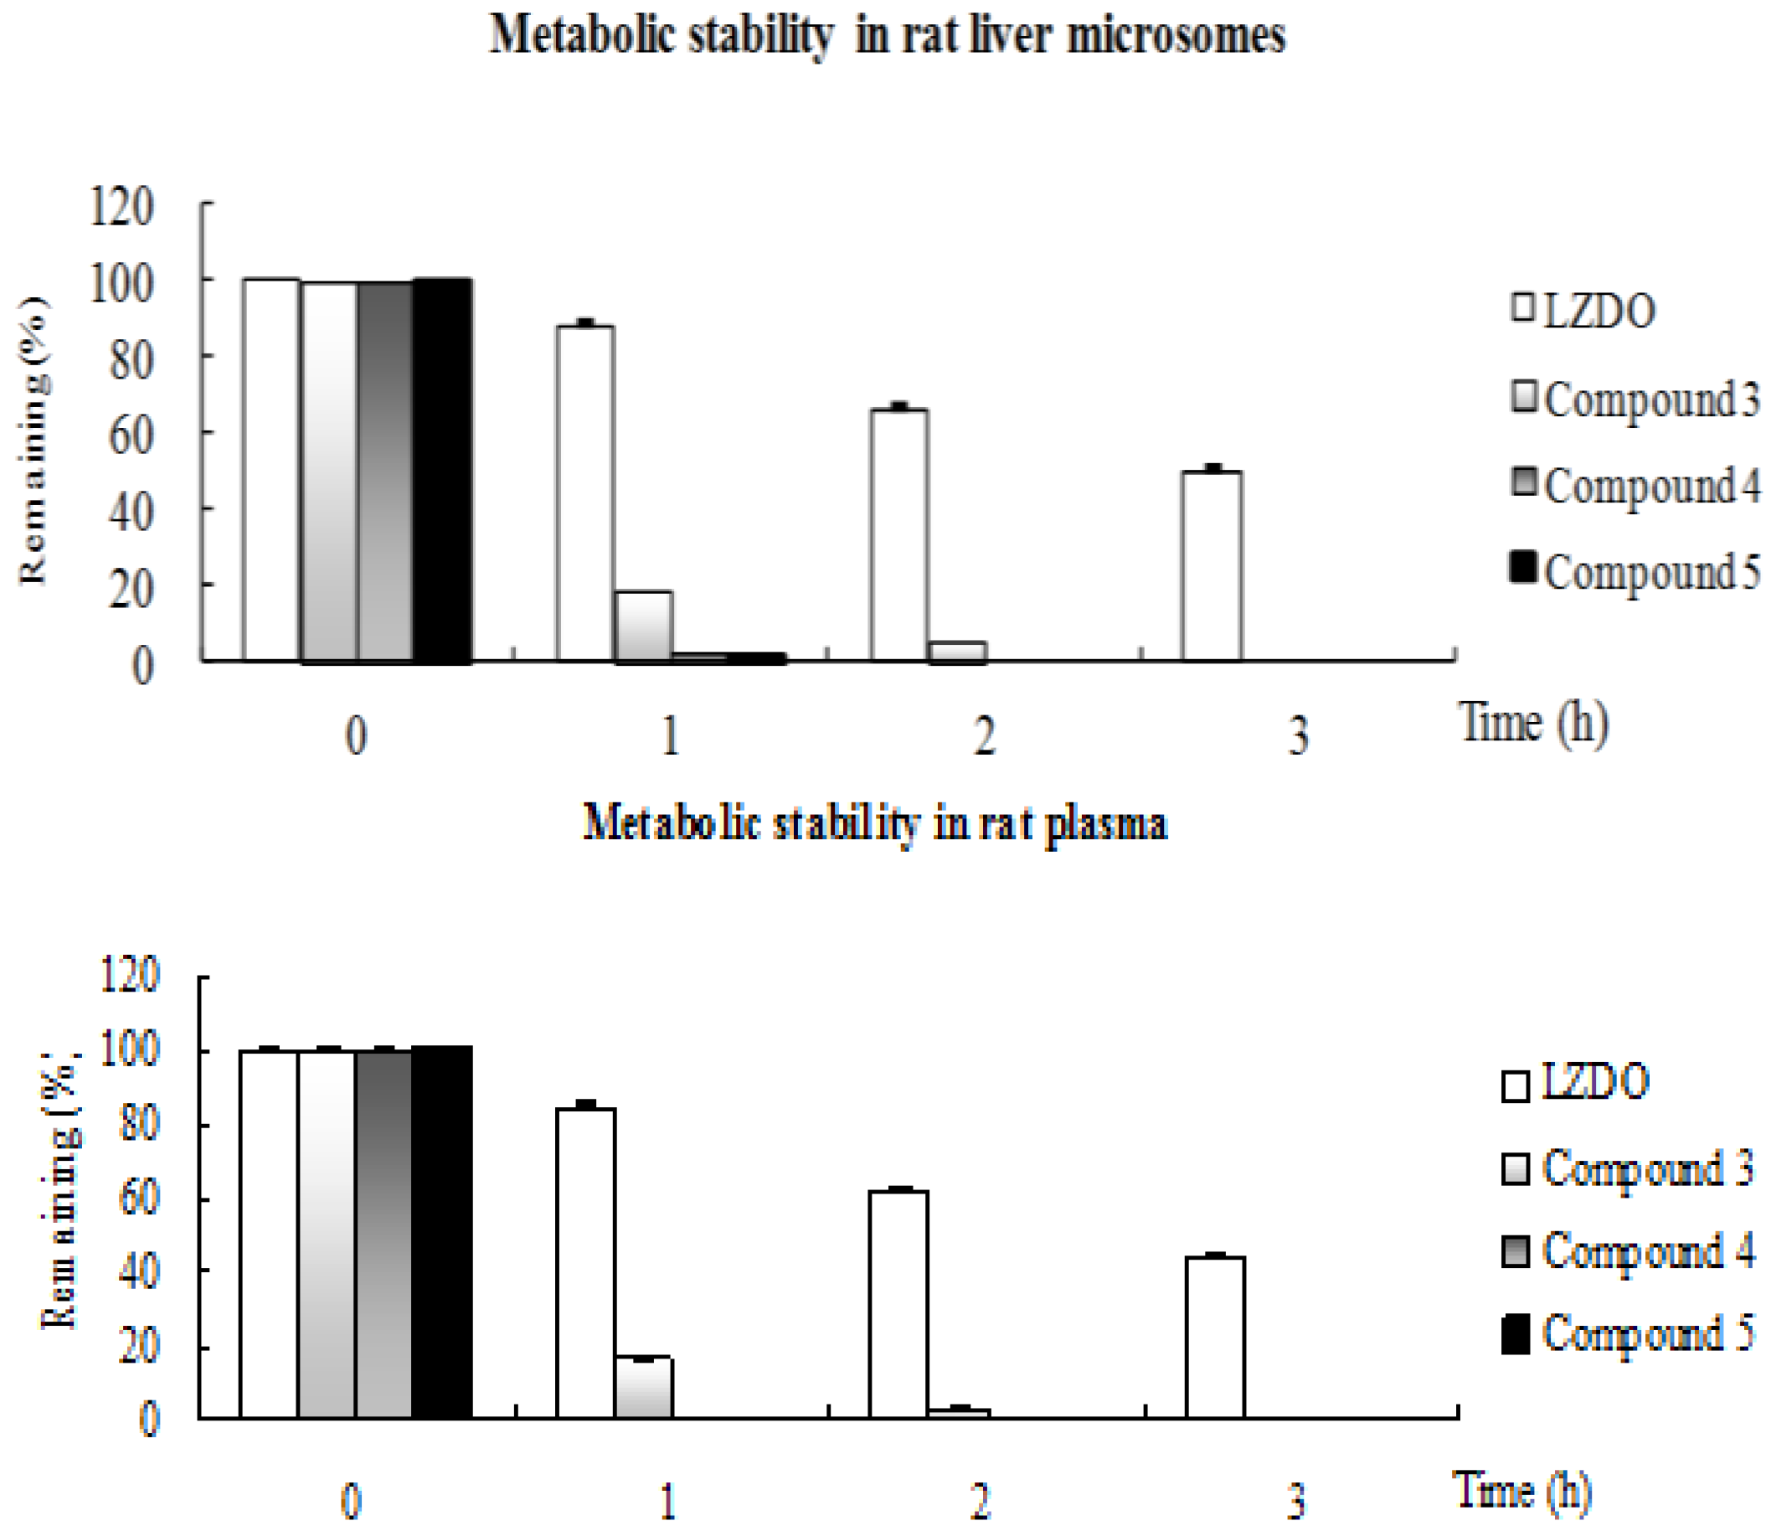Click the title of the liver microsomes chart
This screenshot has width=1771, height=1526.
pos(888,37)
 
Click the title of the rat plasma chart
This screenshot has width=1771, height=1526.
pos(874,823)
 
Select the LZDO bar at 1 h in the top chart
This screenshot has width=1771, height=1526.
pos(585,493)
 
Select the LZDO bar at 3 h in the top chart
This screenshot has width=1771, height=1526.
pos(1212,566)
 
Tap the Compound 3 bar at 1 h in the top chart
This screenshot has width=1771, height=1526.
pos(643,626)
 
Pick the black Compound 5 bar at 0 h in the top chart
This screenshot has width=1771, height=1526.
pos(443,470)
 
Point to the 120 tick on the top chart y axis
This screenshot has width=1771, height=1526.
pos(121,208)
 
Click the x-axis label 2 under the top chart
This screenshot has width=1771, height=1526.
pos(984,735)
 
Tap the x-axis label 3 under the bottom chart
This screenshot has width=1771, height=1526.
pos(1296,1500)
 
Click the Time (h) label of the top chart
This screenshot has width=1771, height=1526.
pos(1535,724)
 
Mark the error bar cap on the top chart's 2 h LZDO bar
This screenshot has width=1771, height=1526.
pos(898,405)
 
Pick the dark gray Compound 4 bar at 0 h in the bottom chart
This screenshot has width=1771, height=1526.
pos(384,1234)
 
